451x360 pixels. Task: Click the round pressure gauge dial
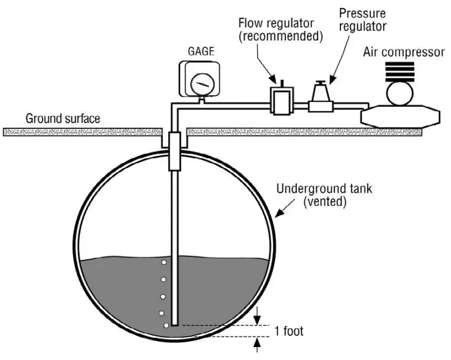point(201,84)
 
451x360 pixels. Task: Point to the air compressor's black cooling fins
point(400,71)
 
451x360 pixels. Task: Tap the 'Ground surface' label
point(63,119)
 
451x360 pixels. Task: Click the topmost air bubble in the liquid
point(163,263)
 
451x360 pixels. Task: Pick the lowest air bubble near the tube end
point(166,326)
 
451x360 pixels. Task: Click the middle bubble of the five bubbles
point(162,297)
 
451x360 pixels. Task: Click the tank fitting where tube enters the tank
point(175,151)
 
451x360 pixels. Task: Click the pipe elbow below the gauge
point(175,105)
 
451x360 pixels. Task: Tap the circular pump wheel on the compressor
point(400,94)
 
